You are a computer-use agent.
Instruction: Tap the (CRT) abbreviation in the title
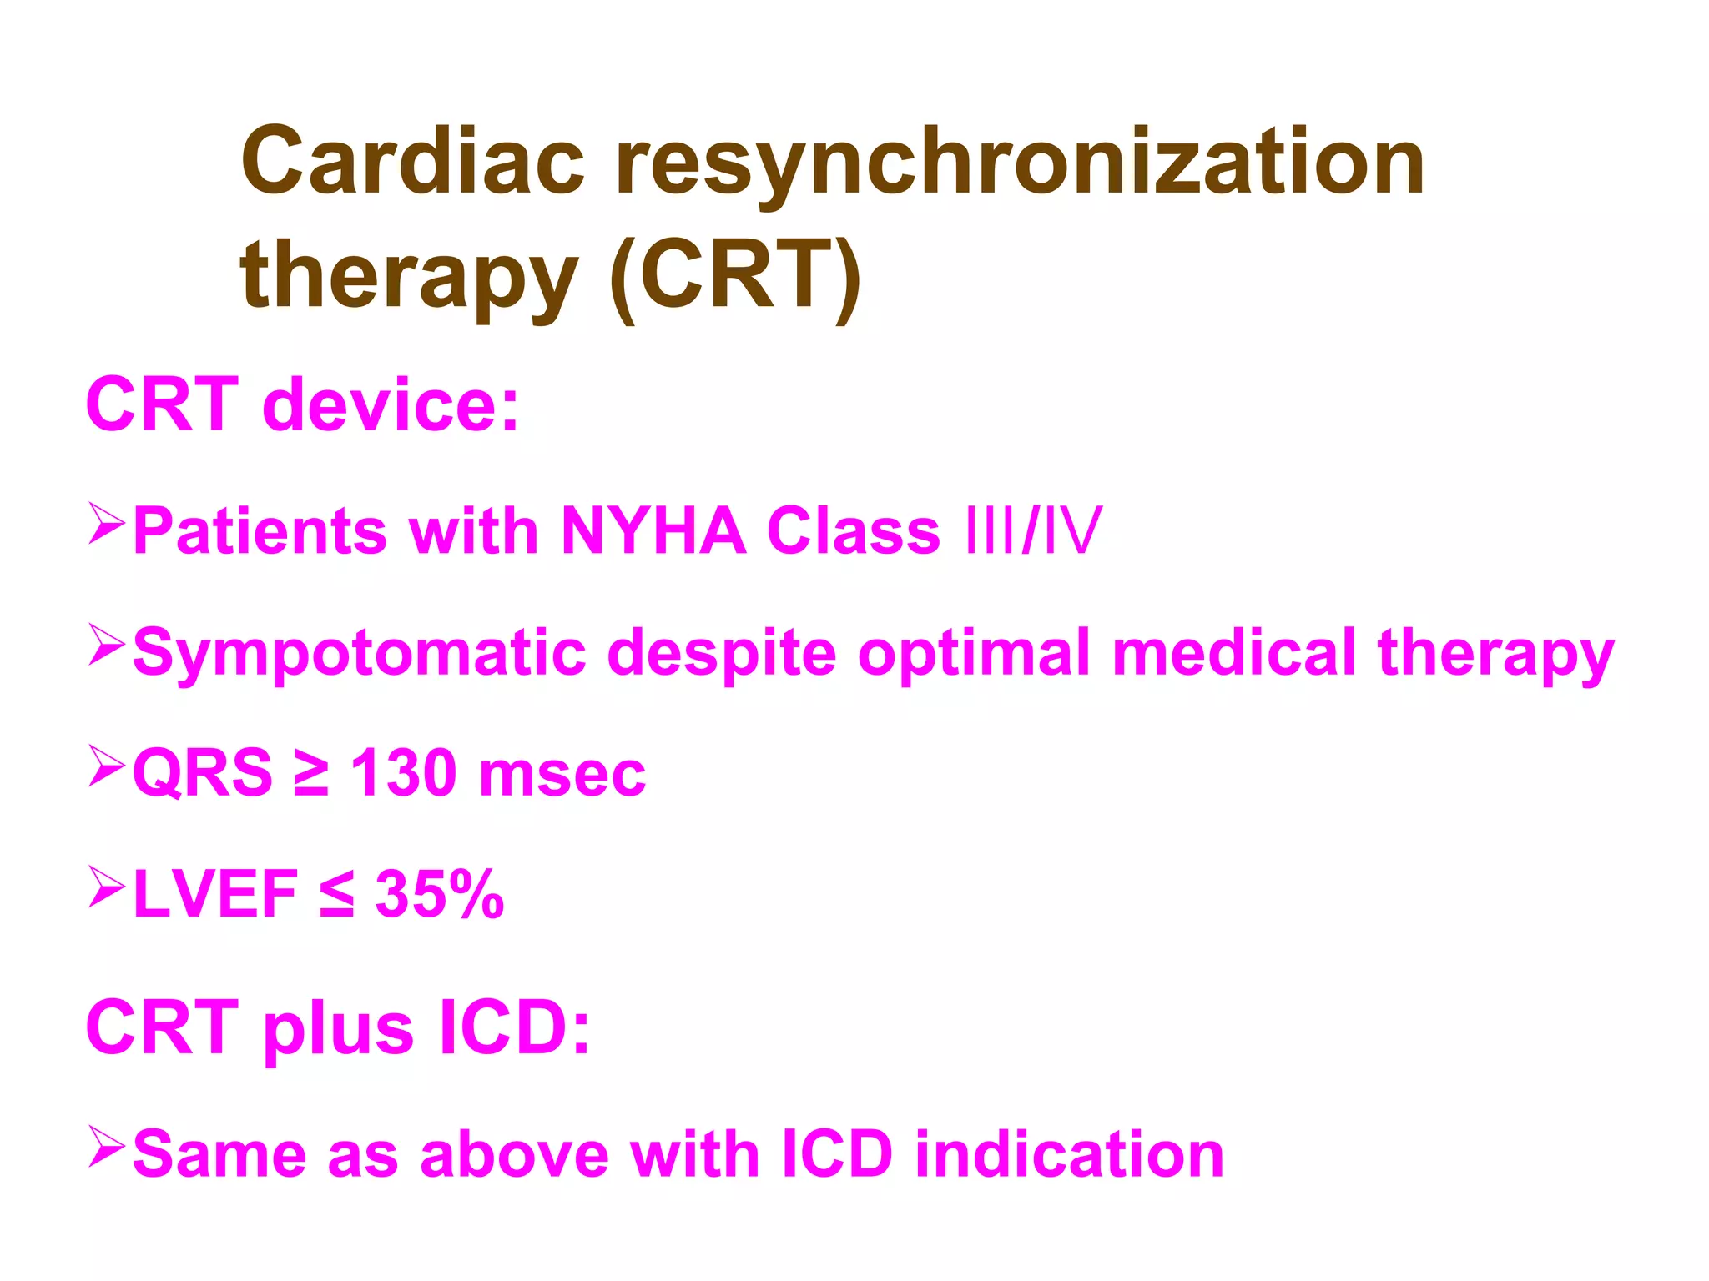click(735, 276)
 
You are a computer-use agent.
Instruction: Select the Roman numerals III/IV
click(1032, 530)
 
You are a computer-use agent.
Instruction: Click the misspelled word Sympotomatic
click(360, 653)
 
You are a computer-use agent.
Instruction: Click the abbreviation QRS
click(203, 773)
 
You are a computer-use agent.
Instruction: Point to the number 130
click(404, 773)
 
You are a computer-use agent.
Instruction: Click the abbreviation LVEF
click(215, 894)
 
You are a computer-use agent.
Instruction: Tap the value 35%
click(439, 894)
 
